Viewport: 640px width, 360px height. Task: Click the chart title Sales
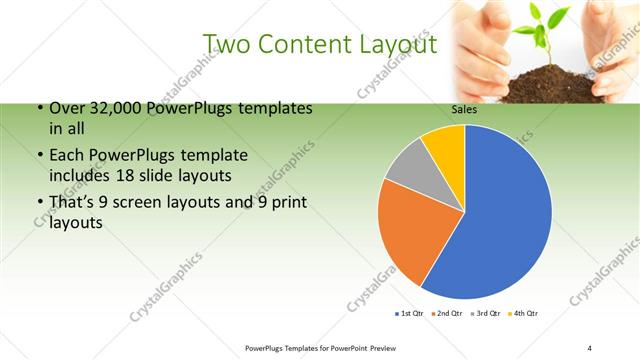pos(464,111)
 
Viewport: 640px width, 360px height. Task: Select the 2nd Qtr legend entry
pos(448,314)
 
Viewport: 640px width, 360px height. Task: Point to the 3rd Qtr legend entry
pos(487,314)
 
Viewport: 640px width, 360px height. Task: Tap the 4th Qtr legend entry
pos(525,314)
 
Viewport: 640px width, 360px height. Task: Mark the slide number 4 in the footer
pos(589,347)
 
